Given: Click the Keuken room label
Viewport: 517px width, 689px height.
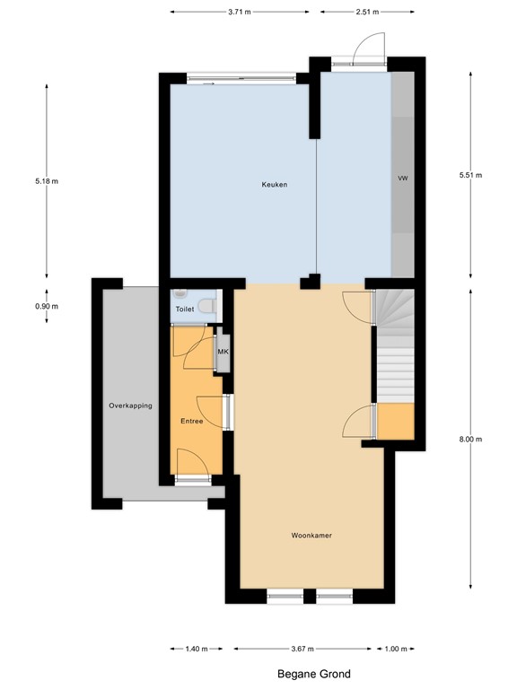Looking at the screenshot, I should pos(274,185).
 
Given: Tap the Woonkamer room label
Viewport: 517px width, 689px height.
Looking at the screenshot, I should pos(311,536).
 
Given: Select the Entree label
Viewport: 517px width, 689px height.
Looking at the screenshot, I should pos(191,421).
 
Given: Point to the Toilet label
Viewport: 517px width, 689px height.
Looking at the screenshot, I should pos(184,309).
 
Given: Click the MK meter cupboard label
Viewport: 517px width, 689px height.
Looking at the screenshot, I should pos(223,352).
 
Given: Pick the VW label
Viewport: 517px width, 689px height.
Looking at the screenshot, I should pos(403,179).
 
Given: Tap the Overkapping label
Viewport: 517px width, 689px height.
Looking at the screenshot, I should pos(130,406).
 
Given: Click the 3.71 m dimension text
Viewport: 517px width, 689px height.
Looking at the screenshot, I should pos(239,12).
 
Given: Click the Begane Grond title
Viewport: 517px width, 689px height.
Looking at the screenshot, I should pos(314,674).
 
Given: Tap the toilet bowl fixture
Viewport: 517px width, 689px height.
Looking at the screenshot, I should pos(208,306).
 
